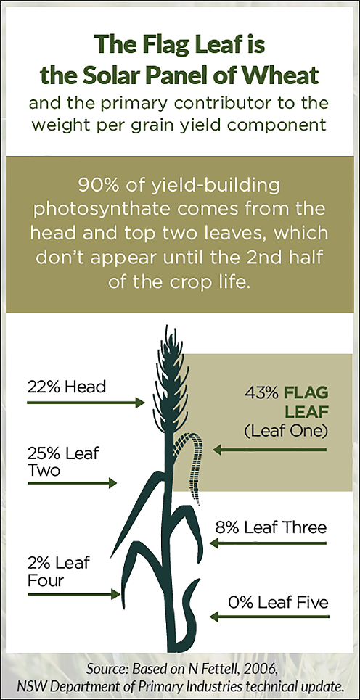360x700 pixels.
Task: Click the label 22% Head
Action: point(67,386)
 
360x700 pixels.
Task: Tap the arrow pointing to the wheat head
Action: point(86,403)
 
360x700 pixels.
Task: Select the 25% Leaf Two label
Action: point(63,461)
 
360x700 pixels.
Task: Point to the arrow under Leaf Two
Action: point(72,482)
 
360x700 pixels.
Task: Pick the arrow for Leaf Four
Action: point(74,594)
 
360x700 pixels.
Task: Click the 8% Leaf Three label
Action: point(271,527)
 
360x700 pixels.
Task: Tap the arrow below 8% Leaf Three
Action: point(269,543)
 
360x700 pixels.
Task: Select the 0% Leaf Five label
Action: point(278,603)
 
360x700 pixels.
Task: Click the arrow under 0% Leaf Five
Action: point(270,617)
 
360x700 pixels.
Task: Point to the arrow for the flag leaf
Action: point(270,450)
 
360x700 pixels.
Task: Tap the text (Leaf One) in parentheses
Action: point(286,432)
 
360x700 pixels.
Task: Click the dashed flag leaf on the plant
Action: point(194,464)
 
